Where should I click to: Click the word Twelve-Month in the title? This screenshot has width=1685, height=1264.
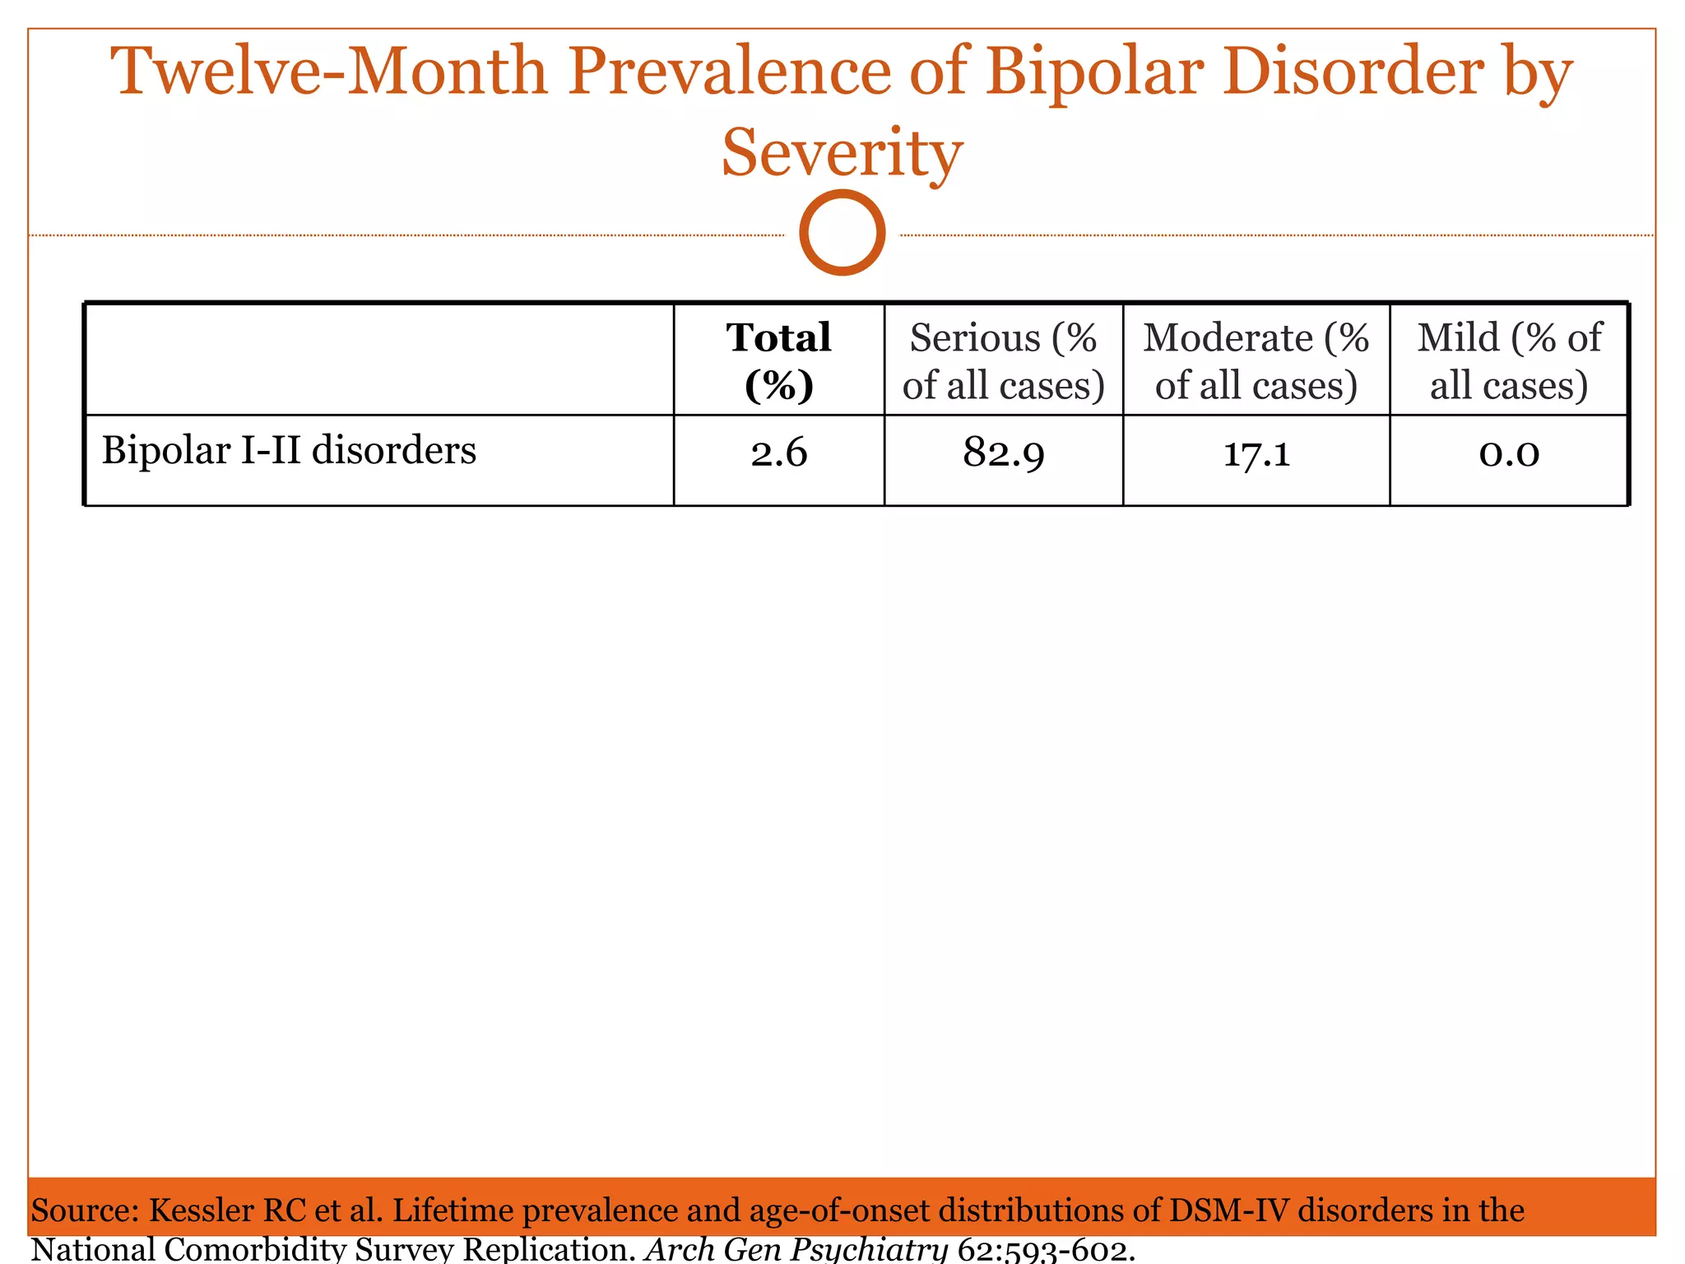pyautogui.click(x=329, y=72)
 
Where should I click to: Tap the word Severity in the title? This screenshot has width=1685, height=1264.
pyautogui.click(x=842, y=153)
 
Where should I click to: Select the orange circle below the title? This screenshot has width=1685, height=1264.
pyautogui.click(x=842, y=232)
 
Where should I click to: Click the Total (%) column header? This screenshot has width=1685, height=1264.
pyautogui.click(x=778, y=360)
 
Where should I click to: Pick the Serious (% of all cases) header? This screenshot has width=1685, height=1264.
pyautogui.click(x=1003, y=360)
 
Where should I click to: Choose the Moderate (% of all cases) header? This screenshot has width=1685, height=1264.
pyautogui.click(x=1256, y=360)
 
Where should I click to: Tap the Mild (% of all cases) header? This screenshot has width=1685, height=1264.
pyautogui.click(x=1509, y=360)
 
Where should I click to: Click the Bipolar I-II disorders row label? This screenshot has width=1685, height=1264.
pyautogui.click(x=289, y=451)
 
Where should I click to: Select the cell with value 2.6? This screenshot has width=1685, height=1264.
pyautogui.click(x=778, y=453)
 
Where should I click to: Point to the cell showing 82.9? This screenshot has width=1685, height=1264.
pyautogui.click(x=1003, y=453)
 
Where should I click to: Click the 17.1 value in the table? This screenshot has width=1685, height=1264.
pyautogui.click(x=1256, y=453)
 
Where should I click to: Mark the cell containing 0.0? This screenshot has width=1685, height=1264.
pyautogui.click(x=1509, y=453)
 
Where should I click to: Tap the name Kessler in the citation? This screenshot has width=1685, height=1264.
pyautogui.click(x=201, y=1211)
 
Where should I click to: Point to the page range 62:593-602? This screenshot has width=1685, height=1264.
pyautogui.click(x=1046, y=1250)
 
